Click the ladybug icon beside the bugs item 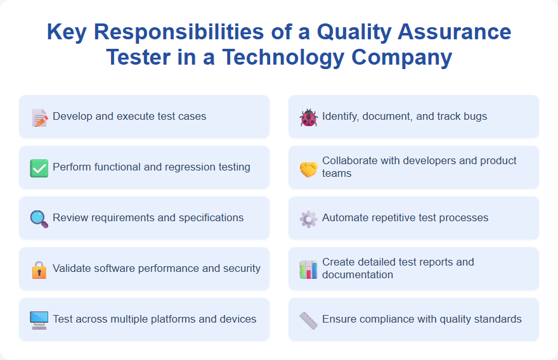[x=308, y=117]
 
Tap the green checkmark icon [x=39, y=168]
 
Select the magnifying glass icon [x=39, y=219]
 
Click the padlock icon [x=39, y=269]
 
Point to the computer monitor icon [x=39, y=320]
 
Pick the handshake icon [x=308, y=169]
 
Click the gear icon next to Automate [x=308, y=219]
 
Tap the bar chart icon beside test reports [x=308, y=269]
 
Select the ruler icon [x=308, y=320]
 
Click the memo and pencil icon [x=39, y=117]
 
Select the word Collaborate [x=351, y=161]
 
